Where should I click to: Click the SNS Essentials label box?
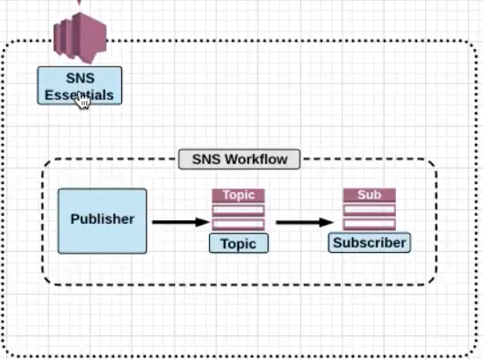click(79, 86)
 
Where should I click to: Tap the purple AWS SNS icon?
click(80, 38)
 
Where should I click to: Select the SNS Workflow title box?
click(240, 159)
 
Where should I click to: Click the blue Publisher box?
click(102, 221)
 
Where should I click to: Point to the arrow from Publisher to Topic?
click(181, 222)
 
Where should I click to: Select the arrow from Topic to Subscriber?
click(305, 222)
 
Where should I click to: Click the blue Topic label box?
click(239, 243)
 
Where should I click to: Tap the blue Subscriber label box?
click(370, 242)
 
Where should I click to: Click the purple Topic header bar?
click(238, 195)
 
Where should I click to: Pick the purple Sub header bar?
click(370, 195)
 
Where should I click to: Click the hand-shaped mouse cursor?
click(83, 100)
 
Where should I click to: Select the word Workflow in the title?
click(256, 159)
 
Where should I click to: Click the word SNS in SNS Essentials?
click(80, 78)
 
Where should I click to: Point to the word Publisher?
click(102, 219)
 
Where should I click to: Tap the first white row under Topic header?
click(238, 211)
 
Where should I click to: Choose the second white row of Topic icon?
click(238, 224)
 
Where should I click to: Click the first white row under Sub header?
click(370, 210)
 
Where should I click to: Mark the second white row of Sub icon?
click(370, 224)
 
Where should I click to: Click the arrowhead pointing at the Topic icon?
click(203, 222)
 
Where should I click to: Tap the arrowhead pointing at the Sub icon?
click(327, 222)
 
